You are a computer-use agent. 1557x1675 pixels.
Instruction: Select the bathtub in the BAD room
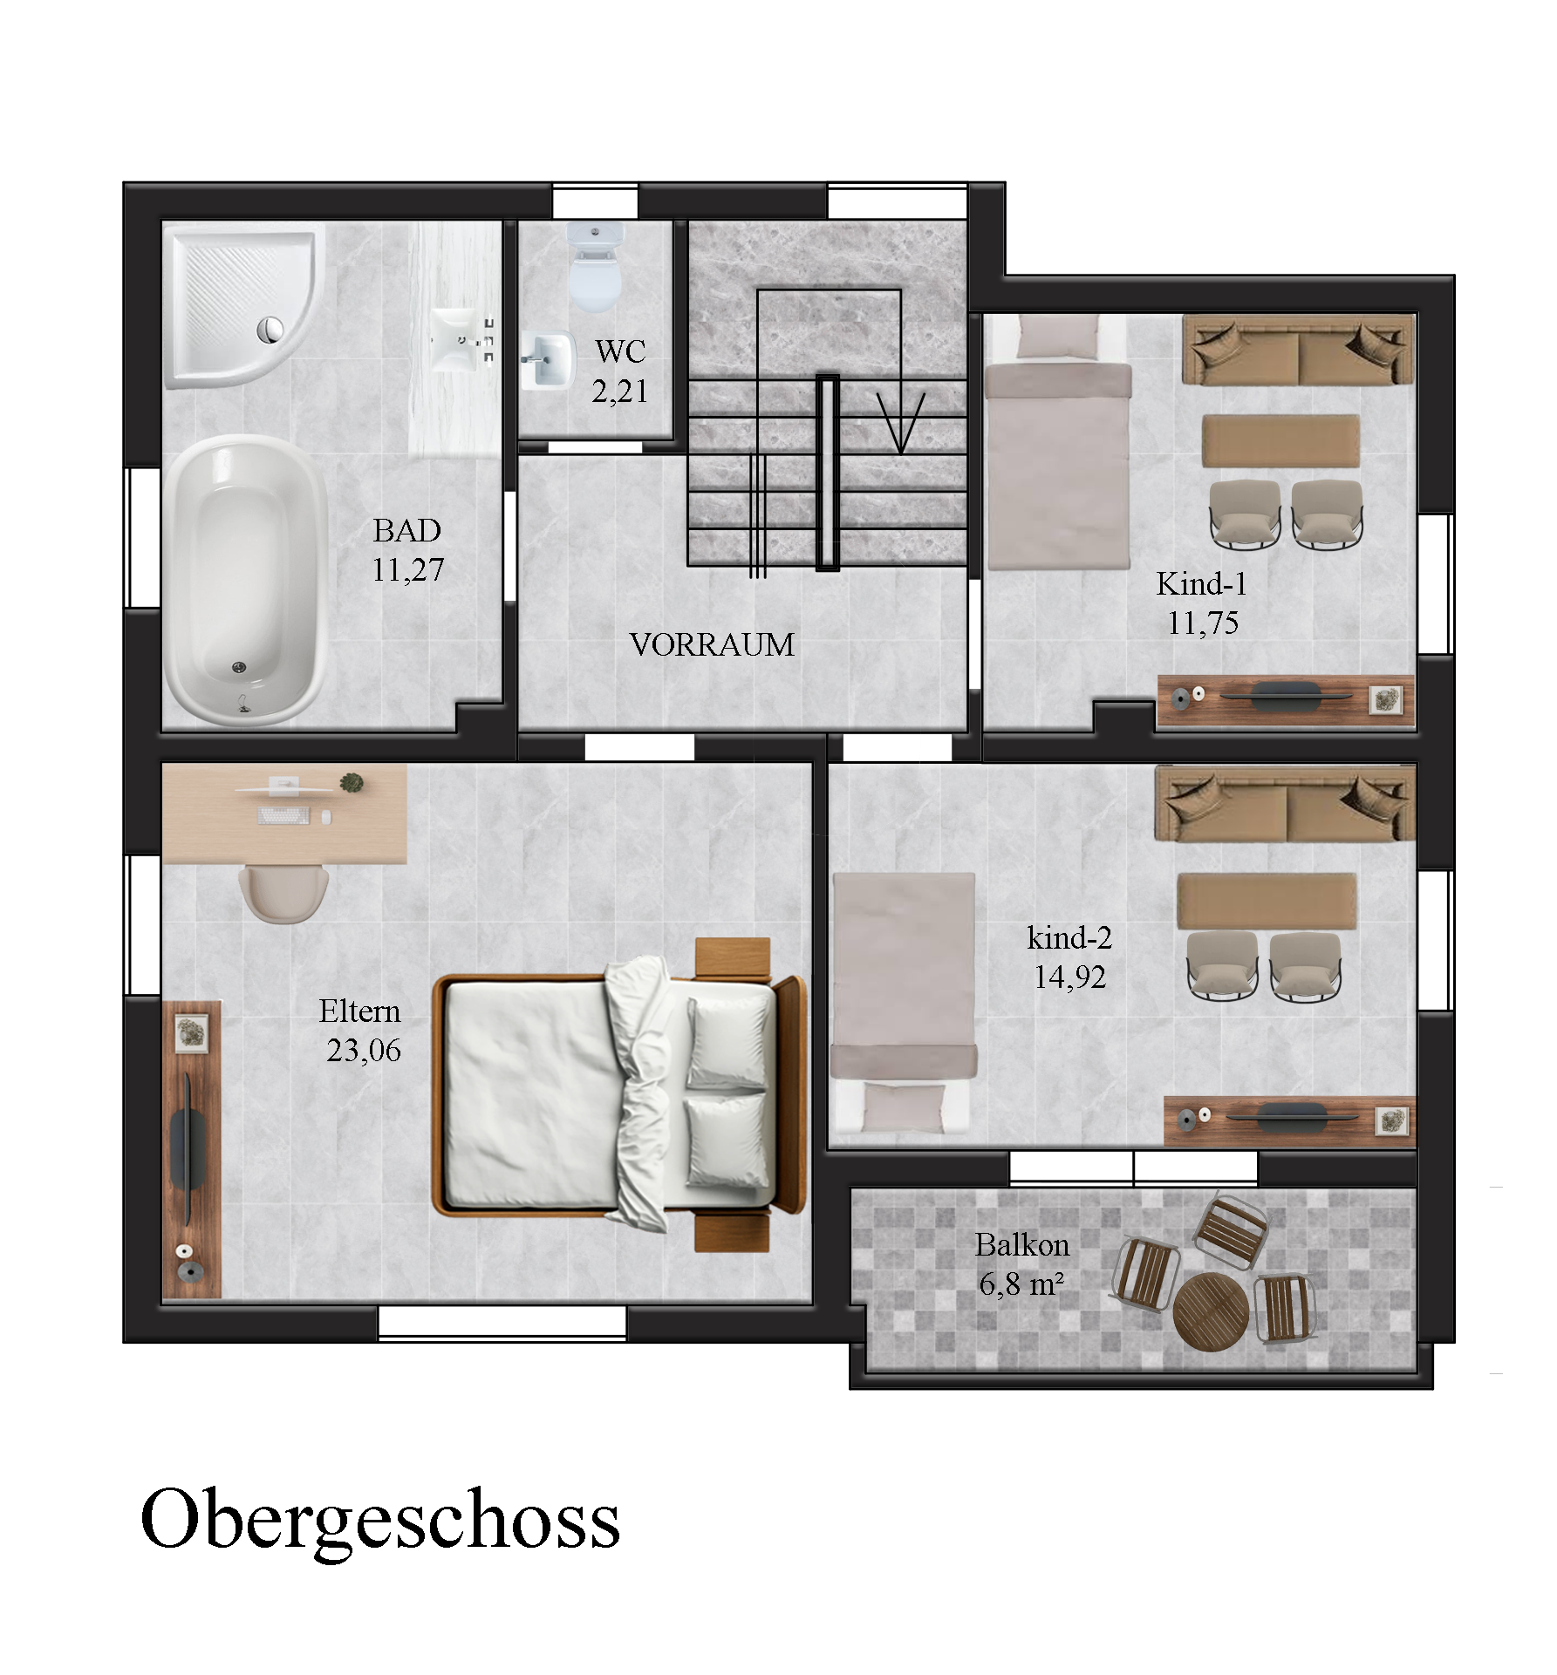pyautogui.click(x=245, y=581)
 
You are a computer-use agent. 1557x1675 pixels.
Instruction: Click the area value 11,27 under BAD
pyautogui.click(x=408, y=570)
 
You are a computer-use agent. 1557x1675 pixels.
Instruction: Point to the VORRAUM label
pyautogui.click(x=712, y=645)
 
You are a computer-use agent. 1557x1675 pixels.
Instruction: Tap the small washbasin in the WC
pyautogui.click(x=548, y=360)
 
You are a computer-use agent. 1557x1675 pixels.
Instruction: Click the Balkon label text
pyautogui.click(x=1021, y=1245)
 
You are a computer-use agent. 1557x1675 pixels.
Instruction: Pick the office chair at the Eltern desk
pyautogui.click(x=283, y=893)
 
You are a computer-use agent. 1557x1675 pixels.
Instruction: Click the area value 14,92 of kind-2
pyautogui.click(x=1069, y=977)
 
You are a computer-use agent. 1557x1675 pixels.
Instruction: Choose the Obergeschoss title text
pyautogui.click(x=379, y=1521)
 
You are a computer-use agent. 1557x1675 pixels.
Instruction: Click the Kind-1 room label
pyautogui.click(x=1201, y=584)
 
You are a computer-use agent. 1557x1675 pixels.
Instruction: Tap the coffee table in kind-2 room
pyautogui.click(x=1267, y=901)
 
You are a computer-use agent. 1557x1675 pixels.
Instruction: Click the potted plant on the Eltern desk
pyautogui.click(x=352, y=783)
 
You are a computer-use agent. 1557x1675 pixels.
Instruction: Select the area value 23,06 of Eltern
pyautogui.click(x=364, y=1051)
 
